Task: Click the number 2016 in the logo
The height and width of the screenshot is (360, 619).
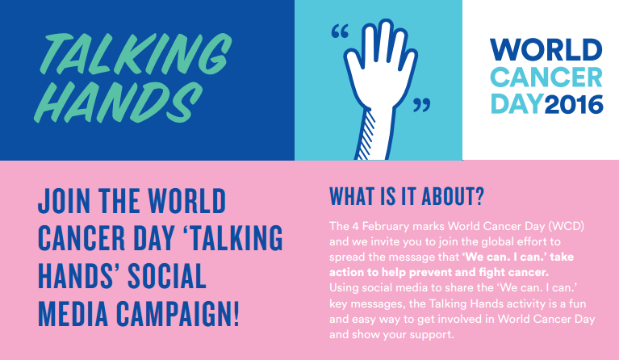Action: tap(573, 103)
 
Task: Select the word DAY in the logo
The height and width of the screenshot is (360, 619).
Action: tap(516, 103)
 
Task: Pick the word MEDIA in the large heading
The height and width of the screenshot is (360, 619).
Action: tap(73, 313)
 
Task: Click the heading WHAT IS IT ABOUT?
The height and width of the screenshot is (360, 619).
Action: tap(407, 198)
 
